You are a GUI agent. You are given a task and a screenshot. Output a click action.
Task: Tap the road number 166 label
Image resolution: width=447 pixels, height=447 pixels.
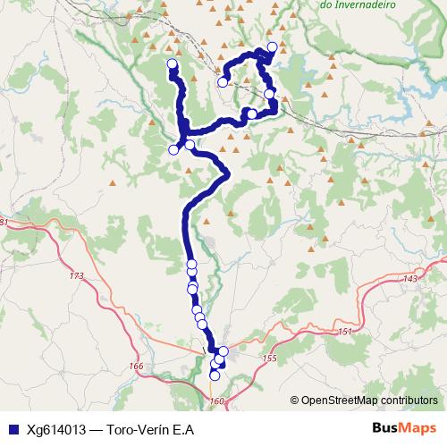pos(136,366)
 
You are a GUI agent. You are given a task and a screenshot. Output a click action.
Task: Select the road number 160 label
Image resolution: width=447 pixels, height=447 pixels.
pos(217,401)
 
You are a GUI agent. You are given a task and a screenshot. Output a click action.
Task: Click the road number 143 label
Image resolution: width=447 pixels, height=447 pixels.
pos(410,279)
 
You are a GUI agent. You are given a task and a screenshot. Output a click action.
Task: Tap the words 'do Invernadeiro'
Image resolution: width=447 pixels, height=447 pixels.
pos(358,4)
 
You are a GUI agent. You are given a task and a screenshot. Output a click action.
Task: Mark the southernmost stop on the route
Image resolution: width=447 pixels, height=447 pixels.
pos(215,376)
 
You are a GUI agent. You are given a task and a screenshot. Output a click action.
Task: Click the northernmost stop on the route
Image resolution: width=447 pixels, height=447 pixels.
pos(272,46)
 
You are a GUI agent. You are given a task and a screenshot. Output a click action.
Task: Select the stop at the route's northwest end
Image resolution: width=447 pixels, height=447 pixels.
pos(173,63)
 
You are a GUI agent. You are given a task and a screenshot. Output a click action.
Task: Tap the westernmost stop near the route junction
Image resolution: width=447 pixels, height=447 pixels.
pos(173,150)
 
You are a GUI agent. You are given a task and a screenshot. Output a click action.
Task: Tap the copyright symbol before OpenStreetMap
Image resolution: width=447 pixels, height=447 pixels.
pos(296,401)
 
